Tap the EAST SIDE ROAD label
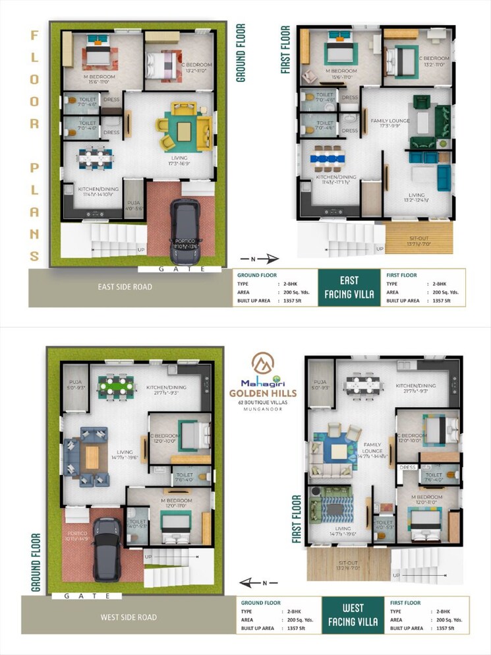click(125, 287)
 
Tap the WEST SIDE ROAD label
click(129, 617)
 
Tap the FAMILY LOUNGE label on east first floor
click(390, 121)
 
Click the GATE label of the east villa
click(180, 269)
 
